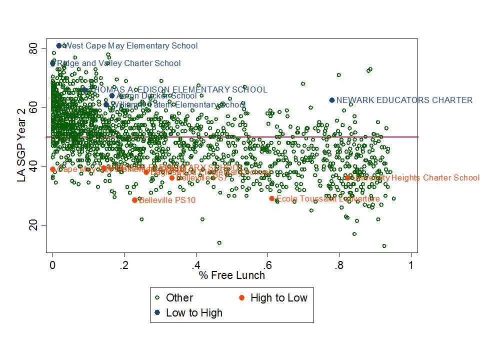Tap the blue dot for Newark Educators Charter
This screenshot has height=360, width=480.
tap(332, 100)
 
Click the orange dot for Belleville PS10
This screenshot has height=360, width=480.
tap(134, 200)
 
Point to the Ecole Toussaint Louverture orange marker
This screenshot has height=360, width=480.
tap(272, 198)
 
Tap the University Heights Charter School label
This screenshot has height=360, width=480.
tap(415, 177)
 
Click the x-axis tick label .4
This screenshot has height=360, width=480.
tap(195, 265)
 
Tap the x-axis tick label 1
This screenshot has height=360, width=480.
tap(411, 265)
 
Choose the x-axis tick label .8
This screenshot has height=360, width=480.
tap(339, 265)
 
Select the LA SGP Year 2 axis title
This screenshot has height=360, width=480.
tap(21, 136)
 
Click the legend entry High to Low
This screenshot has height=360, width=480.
tap(278, 298)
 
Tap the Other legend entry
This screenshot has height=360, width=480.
tap(179, 298)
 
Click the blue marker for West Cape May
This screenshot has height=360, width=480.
tap(59, 45)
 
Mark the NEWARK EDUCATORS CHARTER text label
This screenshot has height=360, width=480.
tap(404, 100)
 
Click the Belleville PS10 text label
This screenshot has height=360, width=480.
tap(167, 200)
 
